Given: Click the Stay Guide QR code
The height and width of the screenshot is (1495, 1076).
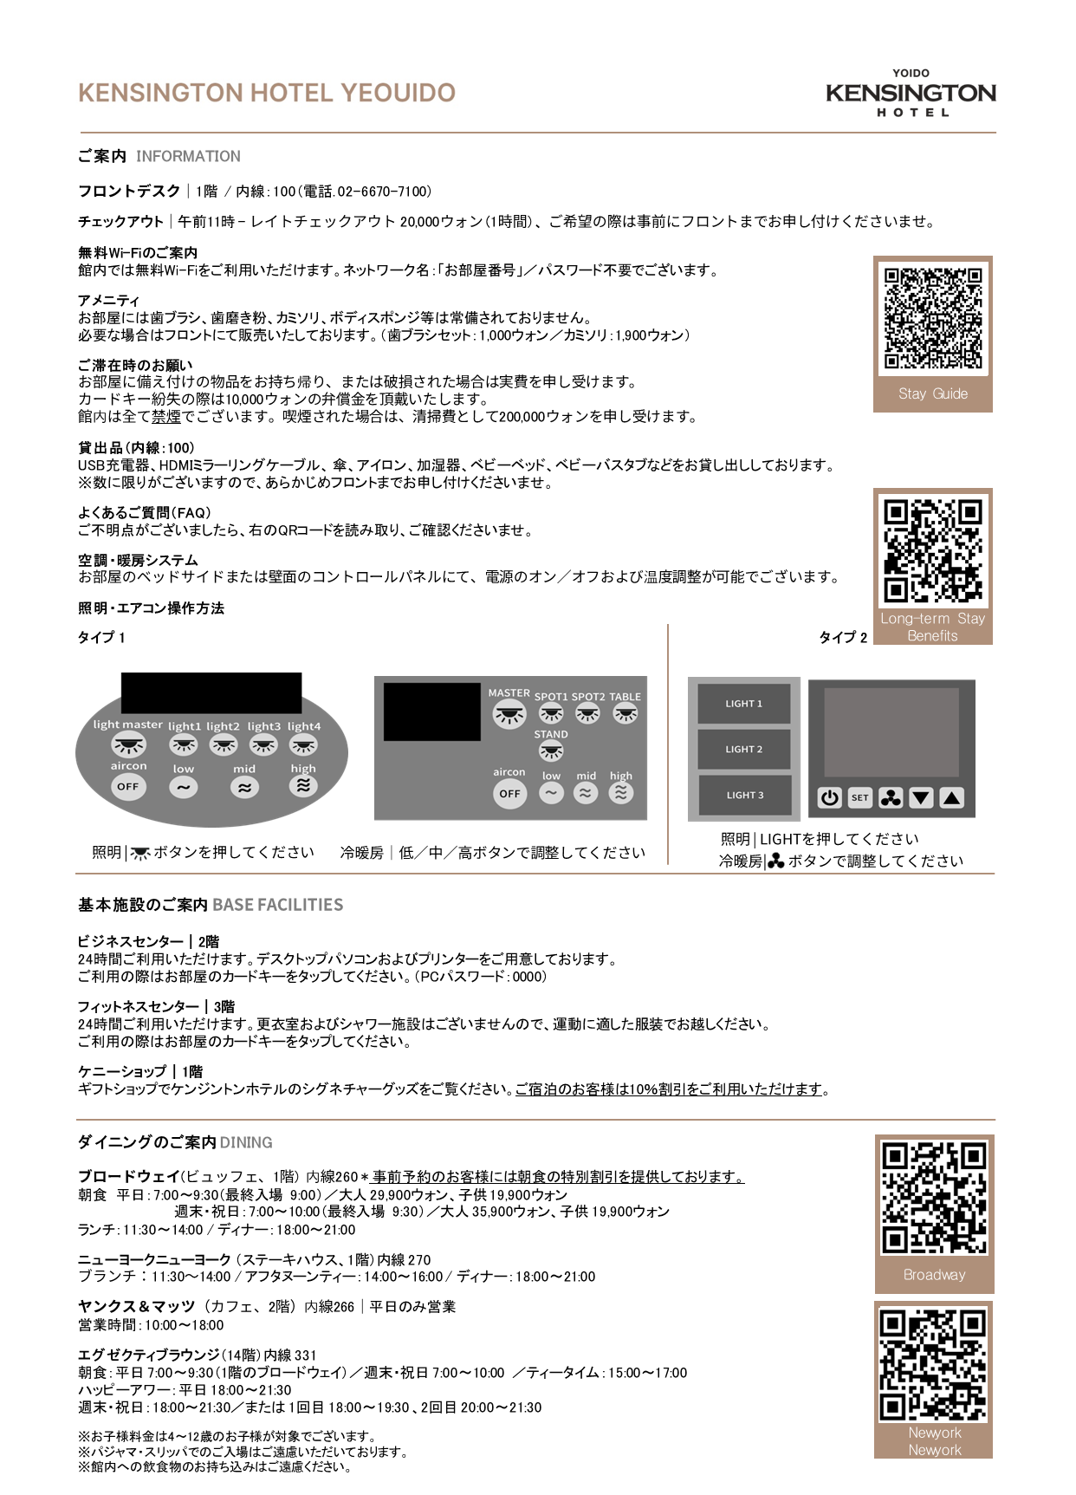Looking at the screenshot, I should [x=933, y=318].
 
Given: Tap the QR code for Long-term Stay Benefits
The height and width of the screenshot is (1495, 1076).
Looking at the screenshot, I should [x=933, y=549].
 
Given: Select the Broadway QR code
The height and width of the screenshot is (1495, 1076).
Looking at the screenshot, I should [x=934, y=1198].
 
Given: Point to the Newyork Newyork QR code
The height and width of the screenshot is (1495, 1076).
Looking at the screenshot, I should [x=933, y=1365].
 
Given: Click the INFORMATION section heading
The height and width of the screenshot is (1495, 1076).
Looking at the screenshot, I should [x=188, y=157].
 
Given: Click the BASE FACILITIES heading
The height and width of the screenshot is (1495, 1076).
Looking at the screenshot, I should [x=277, y=905].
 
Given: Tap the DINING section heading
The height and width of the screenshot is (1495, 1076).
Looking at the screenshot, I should [x=245, y=1143].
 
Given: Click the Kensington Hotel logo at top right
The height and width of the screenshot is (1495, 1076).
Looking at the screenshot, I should [x=911, y=94].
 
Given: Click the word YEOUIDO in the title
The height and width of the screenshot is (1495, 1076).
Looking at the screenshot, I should [x=398, y=94].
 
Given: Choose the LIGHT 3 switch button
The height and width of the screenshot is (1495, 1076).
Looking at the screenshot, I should [x=744, y=796].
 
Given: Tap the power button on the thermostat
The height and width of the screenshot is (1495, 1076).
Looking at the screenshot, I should [x=829, y=798].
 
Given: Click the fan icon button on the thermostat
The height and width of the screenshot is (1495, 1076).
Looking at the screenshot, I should [x=891, y=798].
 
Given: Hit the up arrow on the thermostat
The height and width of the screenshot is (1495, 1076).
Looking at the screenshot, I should [x=951, y=798].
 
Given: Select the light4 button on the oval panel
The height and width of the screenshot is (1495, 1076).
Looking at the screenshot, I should [x=303, y=744].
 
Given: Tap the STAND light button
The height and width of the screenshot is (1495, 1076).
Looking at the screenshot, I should [x=551, y=751].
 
